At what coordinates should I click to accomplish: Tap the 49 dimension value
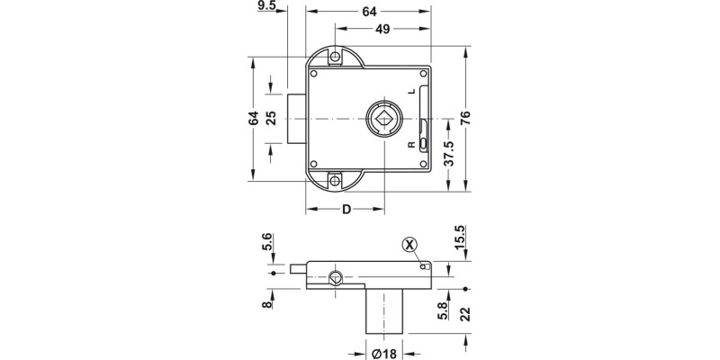click(382, 30)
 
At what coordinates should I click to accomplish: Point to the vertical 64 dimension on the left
click(255, 118)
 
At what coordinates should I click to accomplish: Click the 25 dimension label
click(272, 118)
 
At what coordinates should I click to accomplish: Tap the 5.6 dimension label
click(266, 244)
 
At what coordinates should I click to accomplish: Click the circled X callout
click(409, 244)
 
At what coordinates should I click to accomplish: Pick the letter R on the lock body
click(410, 144)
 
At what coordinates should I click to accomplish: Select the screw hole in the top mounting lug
click(337, 57)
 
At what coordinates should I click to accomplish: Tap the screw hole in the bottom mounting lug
click(337, 179)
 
